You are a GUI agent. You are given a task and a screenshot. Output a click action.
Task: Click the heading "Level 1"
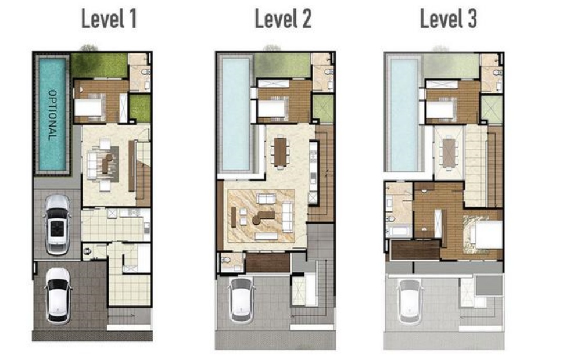[109, 19]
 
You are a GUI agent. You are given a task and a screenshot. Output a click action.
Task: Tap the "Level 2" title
[283, 19]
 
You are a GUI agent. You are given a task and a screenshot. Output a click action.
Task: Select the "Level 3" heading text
[449, 19]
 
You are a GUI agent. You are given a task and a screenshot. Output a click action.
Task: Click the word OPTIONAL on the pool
[52, 115]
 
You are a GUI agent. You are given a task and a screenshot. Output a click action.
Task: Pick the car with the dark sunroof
[57, 225]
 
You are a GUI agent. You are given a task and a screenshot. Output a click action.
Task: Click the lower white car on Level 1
[58, 295]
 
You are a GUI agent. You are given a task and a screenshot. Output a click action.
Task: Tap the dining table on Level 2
[281, 152]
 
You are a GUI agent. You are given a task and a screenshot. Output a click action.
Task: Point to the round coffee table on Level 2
[256, 220]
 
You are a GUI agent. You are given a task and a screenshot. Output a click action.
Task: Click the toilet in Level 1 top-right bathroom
[146, 71]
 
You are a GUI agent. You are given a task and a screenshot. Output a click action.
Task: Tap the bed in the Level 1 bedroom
[89, 108]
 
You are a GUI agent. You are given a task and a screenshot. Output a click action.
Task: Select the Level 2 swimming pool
[236, 114]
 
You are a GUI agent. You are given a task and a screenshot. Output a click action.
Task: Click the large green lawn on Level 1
[99, 65]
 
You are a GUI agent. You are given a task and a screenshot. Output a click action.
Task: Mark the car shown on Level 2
[242, 300]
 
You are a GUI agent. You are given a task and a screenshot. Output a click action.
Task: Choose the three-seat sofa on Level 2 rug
[288, 217]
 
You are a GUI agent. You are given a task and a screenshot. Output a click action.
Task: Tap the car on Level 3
[410, 301]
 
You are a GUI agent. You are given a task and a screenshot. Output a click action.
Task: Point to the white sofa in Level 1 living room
[92, 164]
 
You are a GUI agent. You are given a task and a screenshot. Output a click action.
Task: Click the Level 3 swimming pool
[404, 114]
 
